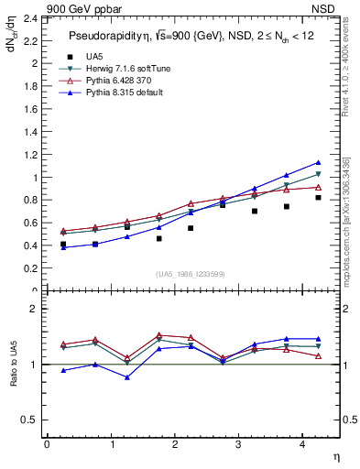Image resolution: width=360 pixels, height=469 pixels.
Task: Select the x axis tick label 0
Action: coord(47,443)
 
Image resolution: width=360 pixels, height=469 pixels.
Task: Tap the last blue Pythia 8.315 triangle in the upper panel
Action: coord(318,162)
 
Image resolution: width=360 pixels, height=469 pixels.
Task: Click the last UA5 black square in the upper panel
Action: coord(318,197)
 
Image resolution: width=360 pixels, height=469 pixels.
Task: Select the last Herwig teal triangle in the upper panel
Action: coord(318,174)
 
